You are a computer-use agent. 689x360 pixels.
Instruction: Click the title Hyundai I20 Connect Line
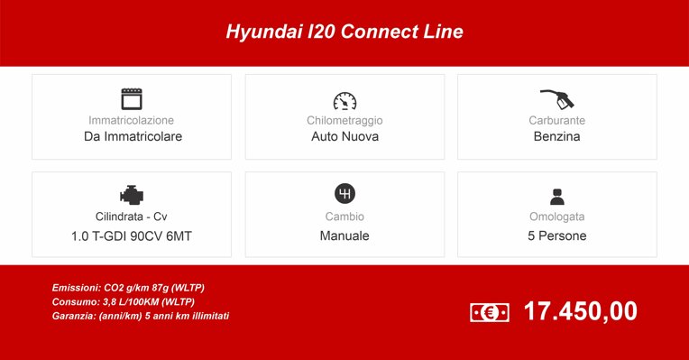tap(344, 32)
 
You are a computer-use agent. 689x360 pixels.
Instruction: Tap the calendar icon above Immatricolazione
tap(133, 98)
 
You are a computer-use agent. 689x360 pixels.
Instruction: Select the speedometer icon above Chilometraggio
tap(344, 99)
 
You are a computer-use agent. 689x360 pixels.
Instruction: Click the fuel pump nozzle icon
tap(556, 97)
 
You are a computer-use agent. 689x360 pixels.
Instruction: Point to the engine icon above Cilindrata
tap(132, 195)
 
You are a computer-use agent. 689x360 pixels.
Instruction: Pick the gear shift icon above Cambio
tap(344, 194)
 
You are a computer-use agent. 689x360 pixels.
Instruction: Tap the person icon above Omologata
tap(556, 196)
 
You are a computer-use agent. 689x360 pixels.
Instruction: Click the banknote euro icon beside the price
tap(490, 312)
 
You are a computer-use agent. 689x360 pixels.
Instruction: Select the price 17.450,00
tap(580, 311)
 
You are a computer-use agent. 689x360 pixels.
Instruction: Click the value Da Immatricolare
tap(133, 137)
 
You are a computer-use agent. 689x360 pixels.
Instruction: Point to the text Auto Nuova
tap(344, 137)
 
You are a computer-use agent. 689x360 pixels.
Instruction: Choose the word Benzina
tap(556, 137)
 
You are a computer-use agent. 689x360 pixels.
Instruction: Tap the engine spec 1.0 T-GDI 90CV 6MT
tap(132, 236)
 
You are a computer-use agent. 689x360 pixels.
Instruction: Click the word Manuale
tap(344, 236)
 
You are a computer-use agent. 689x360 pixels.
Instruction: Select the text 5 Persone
tap(556, 236)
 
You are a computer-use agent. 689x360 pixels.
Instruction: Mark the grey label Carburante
tap(556, 120)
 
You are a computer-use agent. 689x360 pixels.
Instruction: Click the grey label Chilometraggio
tap(344, 120)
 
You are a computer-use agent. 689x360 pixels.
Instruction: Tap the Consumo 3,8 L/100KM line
tap(123, 301)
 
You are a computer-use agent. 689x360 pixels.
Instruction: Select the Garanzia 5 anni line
tap(140, 316)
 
